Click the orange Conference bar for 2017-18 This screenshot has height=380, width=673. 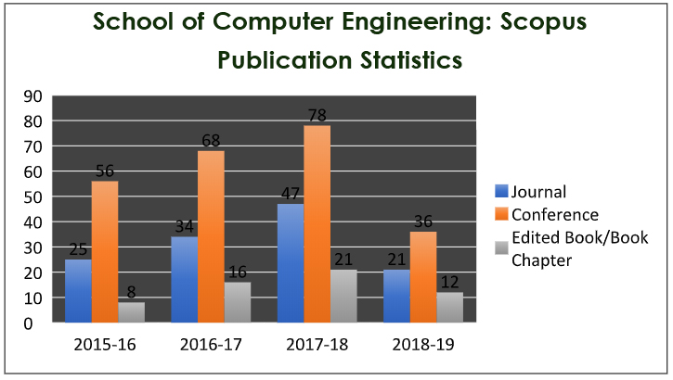[317, 224]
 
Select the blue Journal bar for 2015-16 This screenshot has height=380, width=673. [78, 291]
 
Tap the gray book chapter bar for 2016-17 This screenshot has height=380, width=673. [237, 302]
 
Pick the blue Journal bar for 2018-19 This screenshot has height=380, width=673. [396, 297]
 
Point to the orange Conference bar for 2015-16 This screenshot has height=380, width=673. [104, 252]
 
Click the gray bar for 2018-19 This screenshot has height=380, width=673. [449, 308]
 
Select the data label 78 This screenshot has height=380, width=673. [317, 115]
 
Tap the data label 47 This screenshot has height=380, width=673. [290, 194]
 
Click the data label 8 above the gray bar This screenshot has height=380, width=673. [131, 292]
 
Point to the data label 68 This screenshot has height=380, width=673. [210, 140]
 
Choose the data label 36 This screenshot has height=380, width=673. [423, 222]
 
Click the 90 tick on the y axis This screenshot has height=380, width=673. [32, 95]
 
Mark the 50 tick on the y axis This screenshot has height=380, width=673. [32, 196]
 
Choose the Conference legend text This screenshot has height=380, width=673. [554, 215]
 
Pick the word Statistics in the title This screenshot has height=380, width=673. [411, 60]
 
